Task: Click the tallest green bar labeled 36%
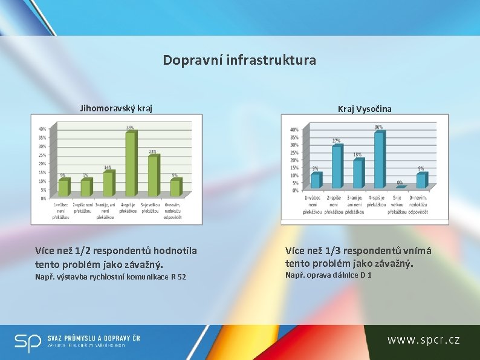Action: point(130,164)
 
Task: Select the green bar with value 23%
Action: point(153,176)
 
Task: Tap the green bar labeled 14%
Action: point(108,184)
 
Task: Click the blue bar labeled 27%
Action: point(337,166)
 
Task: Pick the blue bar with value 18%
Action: point(358,174)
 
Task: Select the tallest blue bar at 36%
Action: point(378,160)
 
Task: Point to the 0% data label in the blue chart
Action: point(400,182)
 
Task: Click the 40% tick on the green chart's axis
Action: point(42,129)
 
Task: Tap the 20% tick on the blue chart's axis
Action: point(294,160)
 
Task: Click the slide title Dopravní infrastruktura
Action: point(239,61)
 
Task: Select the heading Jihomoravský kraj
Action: point(116,108)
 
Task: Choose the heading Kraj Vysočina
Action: point(365,108)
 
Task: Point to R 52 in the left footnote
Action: point(178,277)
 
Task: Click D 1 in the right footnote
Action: point(366,275)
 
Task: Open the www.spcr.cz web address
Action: point(423,339)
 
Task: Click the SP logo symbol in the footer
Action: point(28,342)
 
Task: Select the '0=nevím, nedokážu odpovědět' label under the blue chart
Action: point(418,205)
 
